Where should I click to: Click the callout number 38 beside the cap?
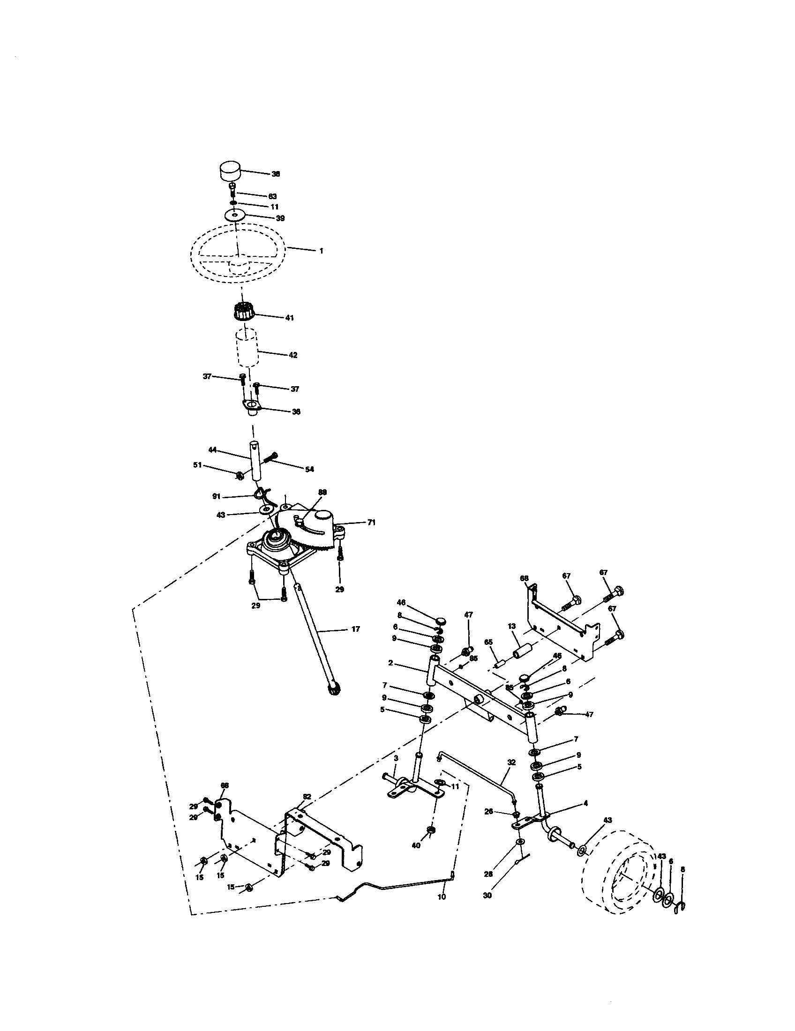pos(276,174)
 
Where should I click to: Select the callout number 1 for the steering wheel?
pos(321,251)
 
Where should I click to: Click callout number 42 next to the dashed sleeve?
pos(292,355)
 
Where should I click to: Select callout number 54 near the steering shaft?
pos(309,469)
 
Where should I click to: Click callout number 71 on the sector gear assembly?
pos(372,523)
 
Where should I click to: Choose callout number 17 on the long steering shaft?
pos(355,629)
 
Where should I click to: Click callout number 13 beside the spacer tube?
pos(511,626)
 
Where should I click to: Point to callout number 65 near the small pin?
pos(488,642)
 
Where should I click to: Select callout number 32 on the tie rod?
pos(511,762)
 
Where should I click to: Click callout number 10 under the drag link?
pos(442,897)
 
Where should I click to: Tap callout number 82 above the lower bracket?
pos(307,796)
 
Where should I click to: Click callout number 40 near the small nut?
pos(416,845)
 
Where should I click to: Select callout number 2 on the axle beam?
pos(390,663)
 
